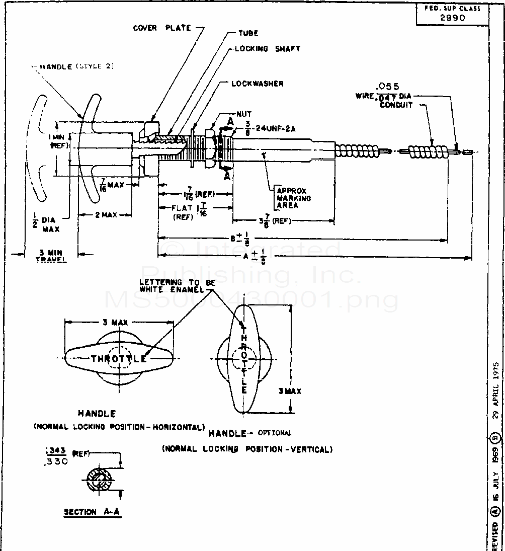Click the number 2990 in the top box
pyautogui.click(x=452, y=18)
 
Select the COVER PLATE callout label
pyautogui.click(x=162, y=28)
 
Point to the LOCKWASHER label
pyautogui.click(x=257, y=84)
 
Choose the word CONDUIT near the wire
pyautogui.click(x=396, y=105)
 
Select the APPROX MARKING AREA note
pyautogui.click(x=293, y=198)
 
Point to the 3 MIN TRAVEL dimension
pyautogui.click(x=51, y=256)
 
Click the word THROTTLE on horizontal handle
pyautogui.click(x=119, y=359)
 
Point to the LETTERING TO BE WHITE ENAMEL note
pyautogui.click(x=177, y=286)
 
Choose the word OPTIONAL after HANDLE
pyautogui.click(x=275, y=433)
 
